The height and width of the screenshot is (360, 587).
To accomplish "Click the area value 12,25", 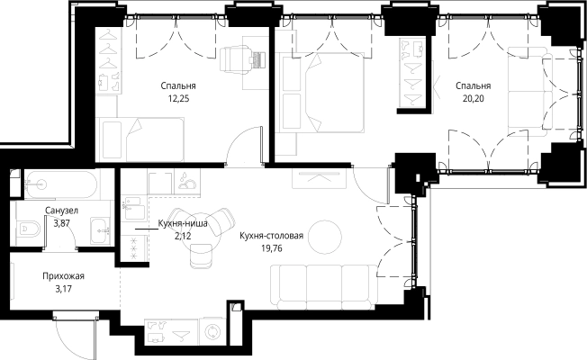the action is [x=178, y=99].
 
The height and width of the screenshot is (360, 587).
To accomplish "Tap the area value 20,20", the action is [x=474, y=99].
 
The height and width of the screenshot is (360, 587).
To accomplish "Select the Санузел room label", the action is [x=61, y=211].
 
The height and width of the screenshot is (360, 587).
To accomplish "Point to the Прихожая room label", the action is [x=63, y=276].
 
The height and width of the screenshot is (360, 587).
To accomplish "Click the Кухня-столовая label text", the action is [x=271, y=236].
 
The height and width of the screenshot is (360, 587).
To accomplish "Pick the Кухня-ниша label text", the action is [x=183, y=224].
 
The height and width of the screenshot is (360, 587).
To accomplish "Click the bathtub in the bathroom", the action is [x=61, y=184].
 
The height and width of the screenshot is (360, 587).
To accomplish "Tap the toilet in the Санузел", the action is [x=29, y=229].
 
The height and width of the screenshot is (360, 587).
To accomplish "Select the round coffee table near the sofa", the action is [x=325, y=237].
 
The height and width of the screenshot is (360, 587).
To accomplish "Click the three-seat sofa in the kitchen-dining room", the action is [x=323, y=287].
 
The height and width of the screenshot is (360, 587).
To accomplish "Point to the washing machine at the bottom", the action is [x=212, y=331].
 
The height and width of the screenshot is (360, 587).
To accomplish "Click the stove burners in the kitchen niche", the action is [x=134, y=247].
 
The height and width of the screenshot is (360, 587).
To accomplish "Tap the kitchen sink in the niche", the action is [x=133, y=209].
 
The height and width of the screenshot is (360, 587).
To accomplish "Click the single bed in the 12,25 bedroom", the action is [x=140, y=139].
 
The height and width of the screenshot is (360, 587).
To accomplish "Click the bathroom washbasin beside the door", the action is [x=100, y=231].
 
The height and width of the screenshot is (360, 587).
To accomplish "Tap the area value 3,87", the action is [x=62, y=224].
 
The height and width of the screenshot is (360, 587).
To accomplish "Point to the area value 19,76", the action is [x=272, y=248].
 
